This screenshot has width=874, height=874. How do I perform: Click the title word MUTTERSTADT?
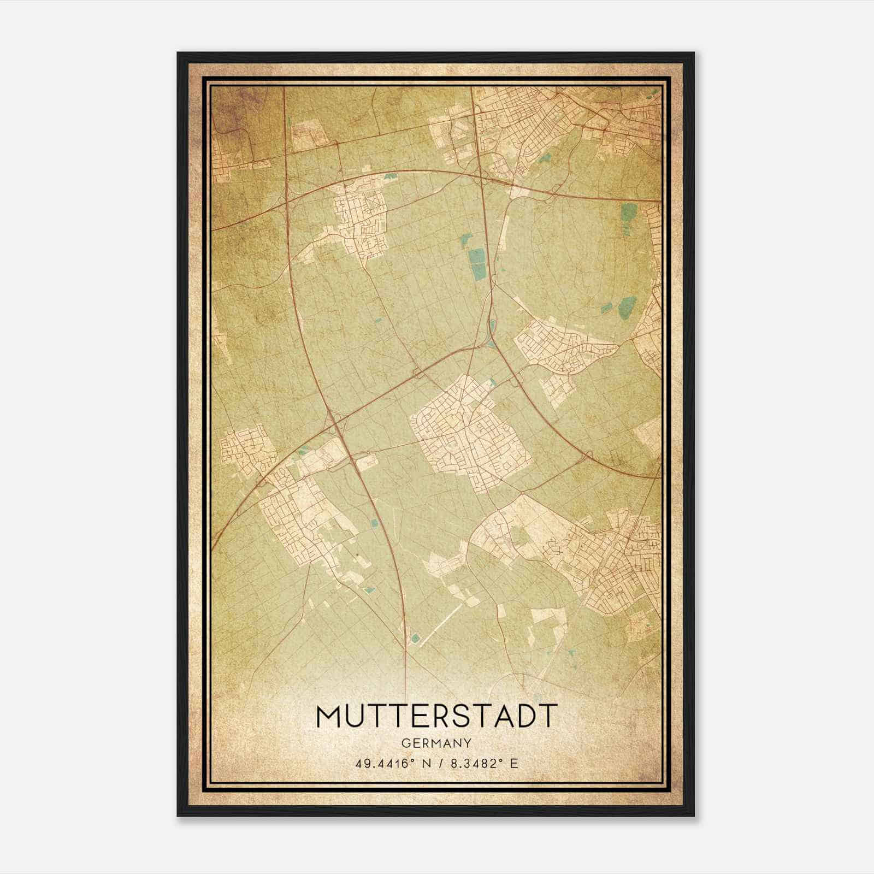(436, 716)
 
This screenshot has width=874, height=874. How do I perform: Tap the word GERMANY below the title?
(436, 743)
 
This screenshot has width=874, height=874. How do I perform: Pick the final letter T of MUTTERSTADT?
(548, 716)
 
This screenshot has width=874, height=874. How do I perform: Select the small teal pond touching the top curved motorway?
(391, 177)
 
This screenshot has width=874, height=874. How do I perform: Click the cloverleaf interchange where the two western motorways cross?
(335, 422)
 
